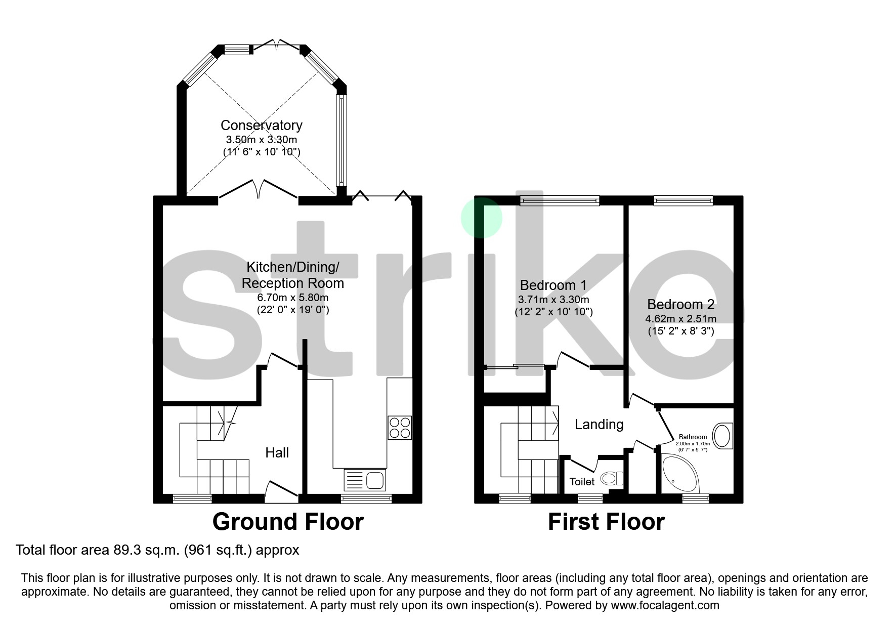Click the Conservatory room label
(261, 125)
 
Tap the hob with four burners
(399, 428)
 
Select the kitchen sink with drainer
(365, 480)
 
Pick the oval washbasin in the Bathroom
(722, 436)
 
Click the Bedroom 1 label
(553, 285)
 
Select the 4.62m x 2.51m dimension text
(680, 319)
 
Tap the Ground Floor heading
(287, 522)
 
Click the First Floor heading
(606, 522)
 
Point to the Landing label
(599, 424)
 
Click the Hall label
(277, 452)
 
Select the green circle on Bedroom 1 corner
(481, 218)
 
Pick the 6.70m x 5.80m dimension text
(292, 297)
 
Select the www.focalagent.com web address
(665, 605)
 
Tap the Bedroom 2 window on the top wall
(683, 201)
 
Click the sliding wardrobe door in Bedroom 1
(515, 366)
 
